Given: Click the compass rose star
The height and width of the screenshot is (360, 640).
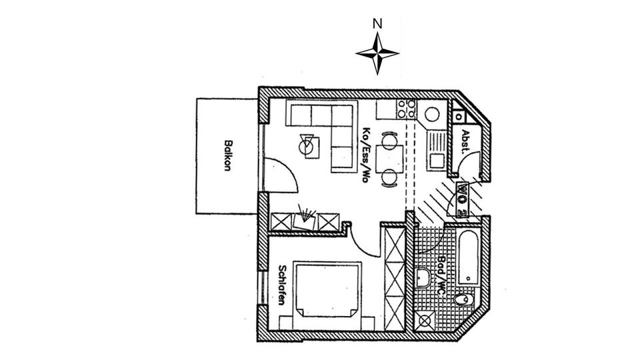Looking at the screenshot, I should pos(377,53).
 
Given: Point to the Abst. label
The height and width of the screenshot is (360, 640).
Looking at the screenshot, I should pos(465,141).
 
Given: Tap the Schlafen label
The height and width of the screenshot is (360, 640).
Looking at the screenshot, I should pos(282,285).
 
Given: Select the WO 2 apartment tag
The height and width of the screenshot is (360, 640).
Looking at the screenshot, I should pos(462,199).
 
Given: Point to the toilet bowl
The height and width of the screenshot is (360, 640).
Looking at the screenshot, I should pos(462,299).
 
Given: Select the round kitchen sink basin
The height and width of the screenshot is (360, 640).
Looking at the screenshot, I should pos(434,112).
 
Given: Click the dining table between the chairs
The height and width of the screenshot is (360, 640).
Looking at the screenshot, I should pos(388,157).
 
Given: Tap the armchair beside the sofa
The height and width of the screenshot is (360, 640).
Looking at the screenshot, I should pos(308,145).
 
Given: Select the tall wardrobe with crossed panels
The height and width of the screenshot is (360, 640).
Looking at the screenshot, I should pos(394,277).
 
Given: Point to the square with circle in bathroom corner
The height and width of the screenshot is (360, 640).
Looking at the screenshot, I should pos(423,321).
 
